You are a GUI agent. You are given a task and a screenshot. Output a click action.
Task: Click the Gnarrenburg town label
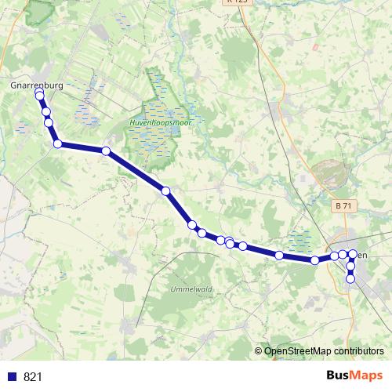point(36,82)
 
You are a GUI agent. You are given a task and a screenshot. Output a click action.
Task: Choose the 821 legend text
point(33,377)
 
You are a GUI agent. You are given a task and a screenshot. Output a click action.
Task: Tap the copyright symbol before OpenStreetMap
point(259,351)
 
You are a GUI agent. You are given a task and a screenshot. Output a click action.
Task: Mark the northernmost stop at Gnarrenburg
point(39,95)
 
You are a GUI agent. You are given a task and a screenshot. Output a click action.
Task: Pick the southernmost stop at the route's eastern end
point(350,279)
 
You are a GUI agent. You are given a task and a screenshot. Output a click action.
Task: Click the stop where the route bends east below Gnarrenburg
point(57,143)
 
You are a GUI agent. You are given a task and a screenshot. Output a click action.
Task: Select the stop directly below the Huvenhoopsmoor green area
point(165,191)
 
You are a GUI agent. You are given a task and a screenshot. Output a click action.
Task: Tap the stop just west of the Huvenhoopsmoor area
point(106,151)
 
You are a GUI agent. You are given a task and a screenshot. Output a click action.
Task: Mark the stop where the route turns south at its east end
point(353,254)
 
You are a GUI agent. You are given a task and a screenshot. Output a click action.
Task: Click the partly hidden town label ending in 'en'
point(361,255)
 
